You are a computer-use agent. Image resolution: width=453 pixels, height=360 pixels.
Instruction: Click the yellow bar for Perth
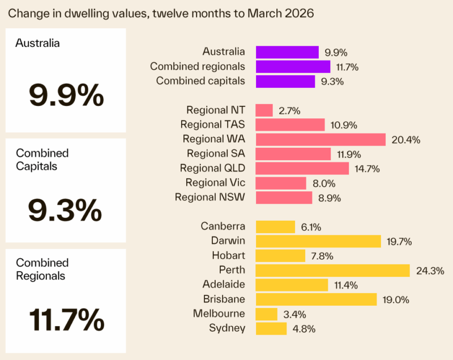pos(332,270)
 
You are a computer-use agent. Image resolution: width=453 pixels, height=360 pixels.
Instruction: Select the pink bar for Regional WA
pos(320,139)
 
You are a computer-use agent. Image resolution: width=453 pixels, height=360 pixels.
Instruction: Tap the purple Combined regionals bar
pos(293,67)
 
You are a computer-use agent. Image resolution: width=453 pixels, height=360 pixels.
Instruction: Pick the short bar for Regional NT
pos(264,110)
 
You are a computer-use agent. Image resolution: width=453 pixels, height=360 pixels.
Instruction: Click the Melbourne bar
pos(267,314)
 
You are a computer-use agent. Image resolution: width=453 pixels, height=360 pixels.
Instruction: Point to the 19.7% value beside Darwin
pos(399,241)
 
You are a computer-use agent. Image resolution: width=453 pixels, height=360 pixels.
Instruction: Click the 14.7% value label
pos(367,169)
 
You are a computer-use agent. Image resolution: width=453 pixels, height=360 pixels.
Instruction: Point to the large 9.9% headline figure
pos(66,95)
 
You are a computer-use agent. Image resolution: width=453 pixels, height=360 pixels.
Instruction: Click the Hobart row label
pos(228,255)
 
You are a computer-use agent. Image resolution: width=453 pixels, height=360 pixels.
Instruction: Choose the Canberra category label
pos(223,226)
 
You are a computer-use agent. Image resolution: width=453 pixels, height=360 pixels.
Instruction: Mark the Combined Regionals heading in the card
pos(42,269)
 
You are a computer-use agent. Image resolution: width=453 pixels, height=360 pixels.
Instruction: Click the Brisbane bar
pos(316,299)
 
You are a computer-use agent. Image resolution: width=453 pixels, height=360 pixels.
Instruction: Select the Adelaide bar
pos(292,285)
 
